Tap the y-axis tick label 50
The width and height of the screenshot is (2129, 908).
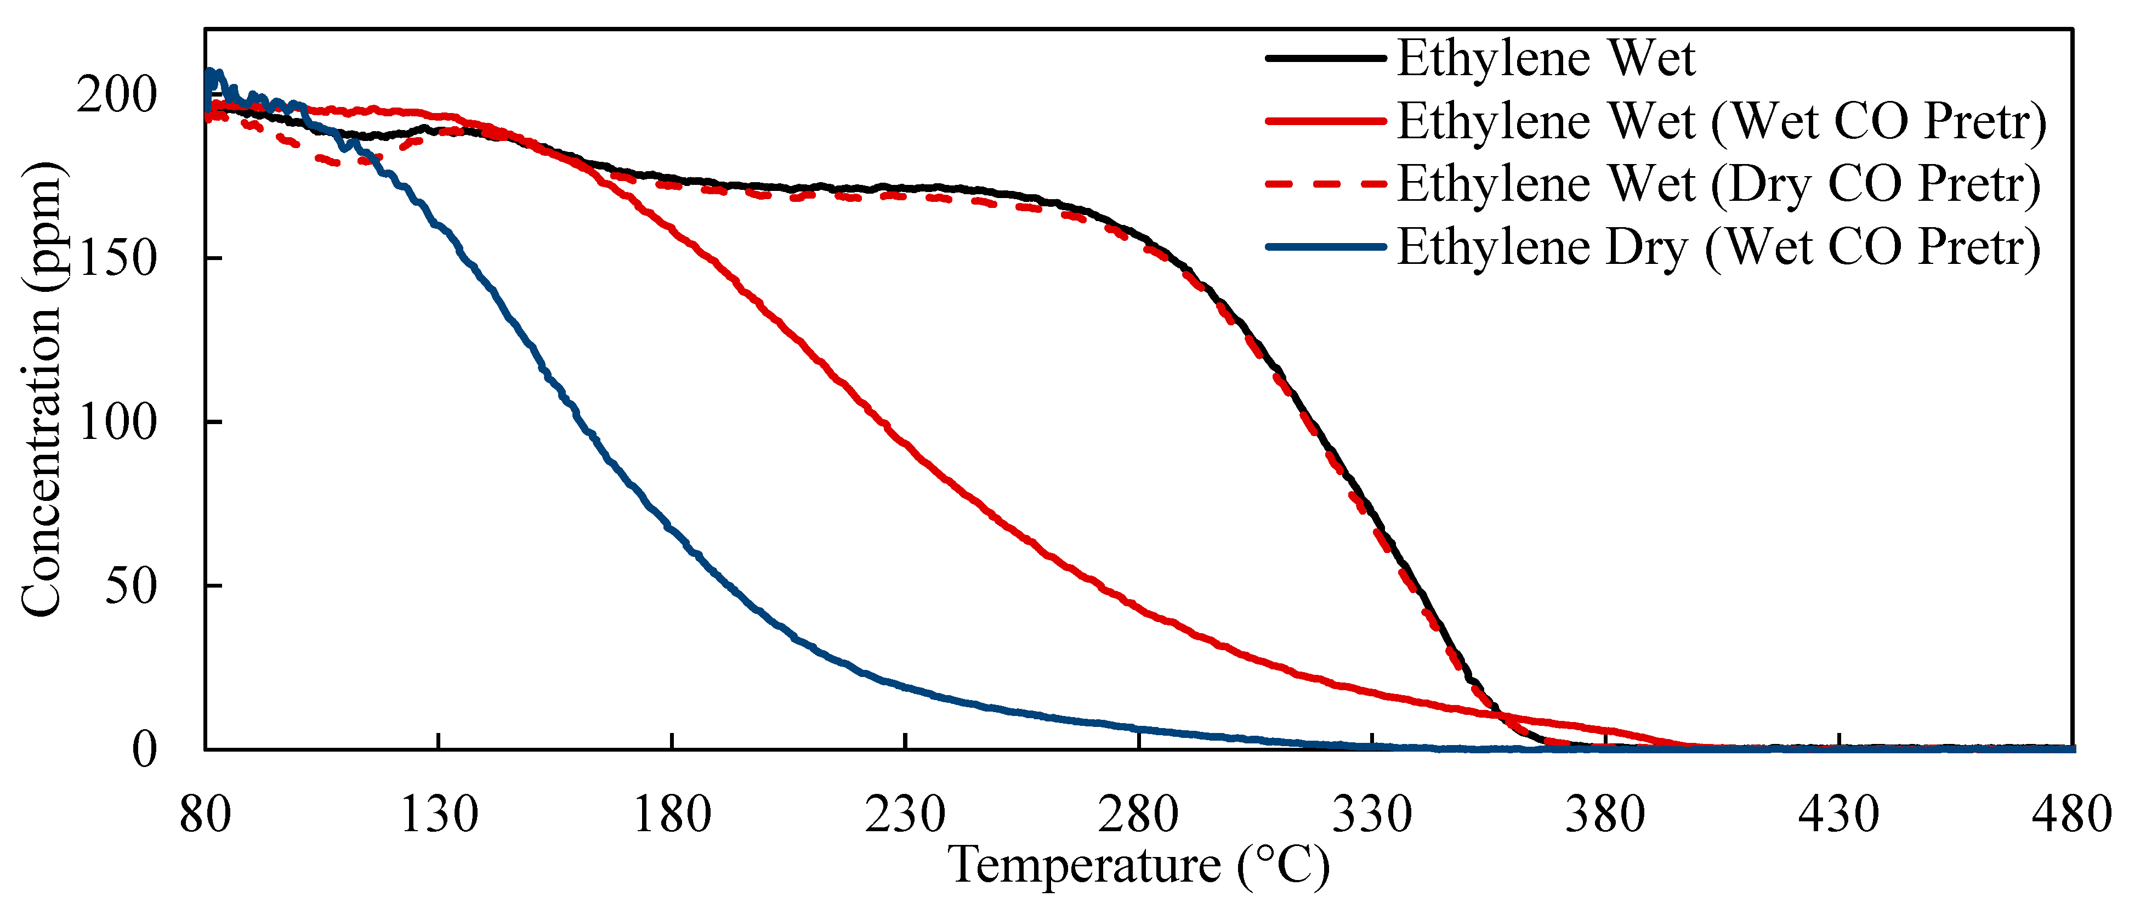click(x=130, y=586)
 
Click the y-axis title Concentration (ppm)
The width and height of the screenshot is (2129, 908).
click(x=41, y=388)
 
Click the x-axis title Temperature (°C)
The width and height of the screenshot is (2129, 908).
click(x=1139, y=866)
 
